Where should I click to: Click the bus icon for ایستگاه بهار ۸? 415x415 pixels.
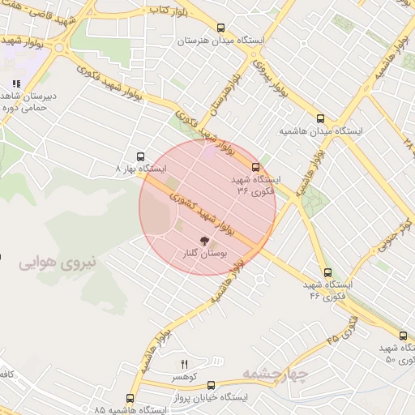142,156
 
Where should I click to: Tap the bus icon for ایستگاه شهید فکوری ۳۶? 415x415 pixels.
256,167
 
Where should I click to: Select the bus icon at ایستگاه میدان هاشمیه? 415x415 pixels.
320,118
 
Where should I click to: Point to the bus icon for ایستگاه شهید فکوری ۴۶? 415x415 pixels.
327,273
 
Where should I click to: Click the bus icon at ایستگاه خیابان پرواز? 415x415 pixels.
212,386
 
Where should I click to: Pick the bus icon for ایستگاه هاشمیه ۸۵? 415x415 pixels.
130,399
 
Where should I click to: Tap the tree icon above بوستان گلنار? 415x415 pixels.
205,240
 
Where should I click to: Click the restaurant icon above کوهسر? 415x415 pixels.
183,364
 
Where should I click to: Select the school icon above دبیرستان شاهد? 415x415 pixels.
15,83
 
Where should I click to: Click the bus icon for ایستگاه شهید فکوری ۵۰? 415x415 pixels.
403,336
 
